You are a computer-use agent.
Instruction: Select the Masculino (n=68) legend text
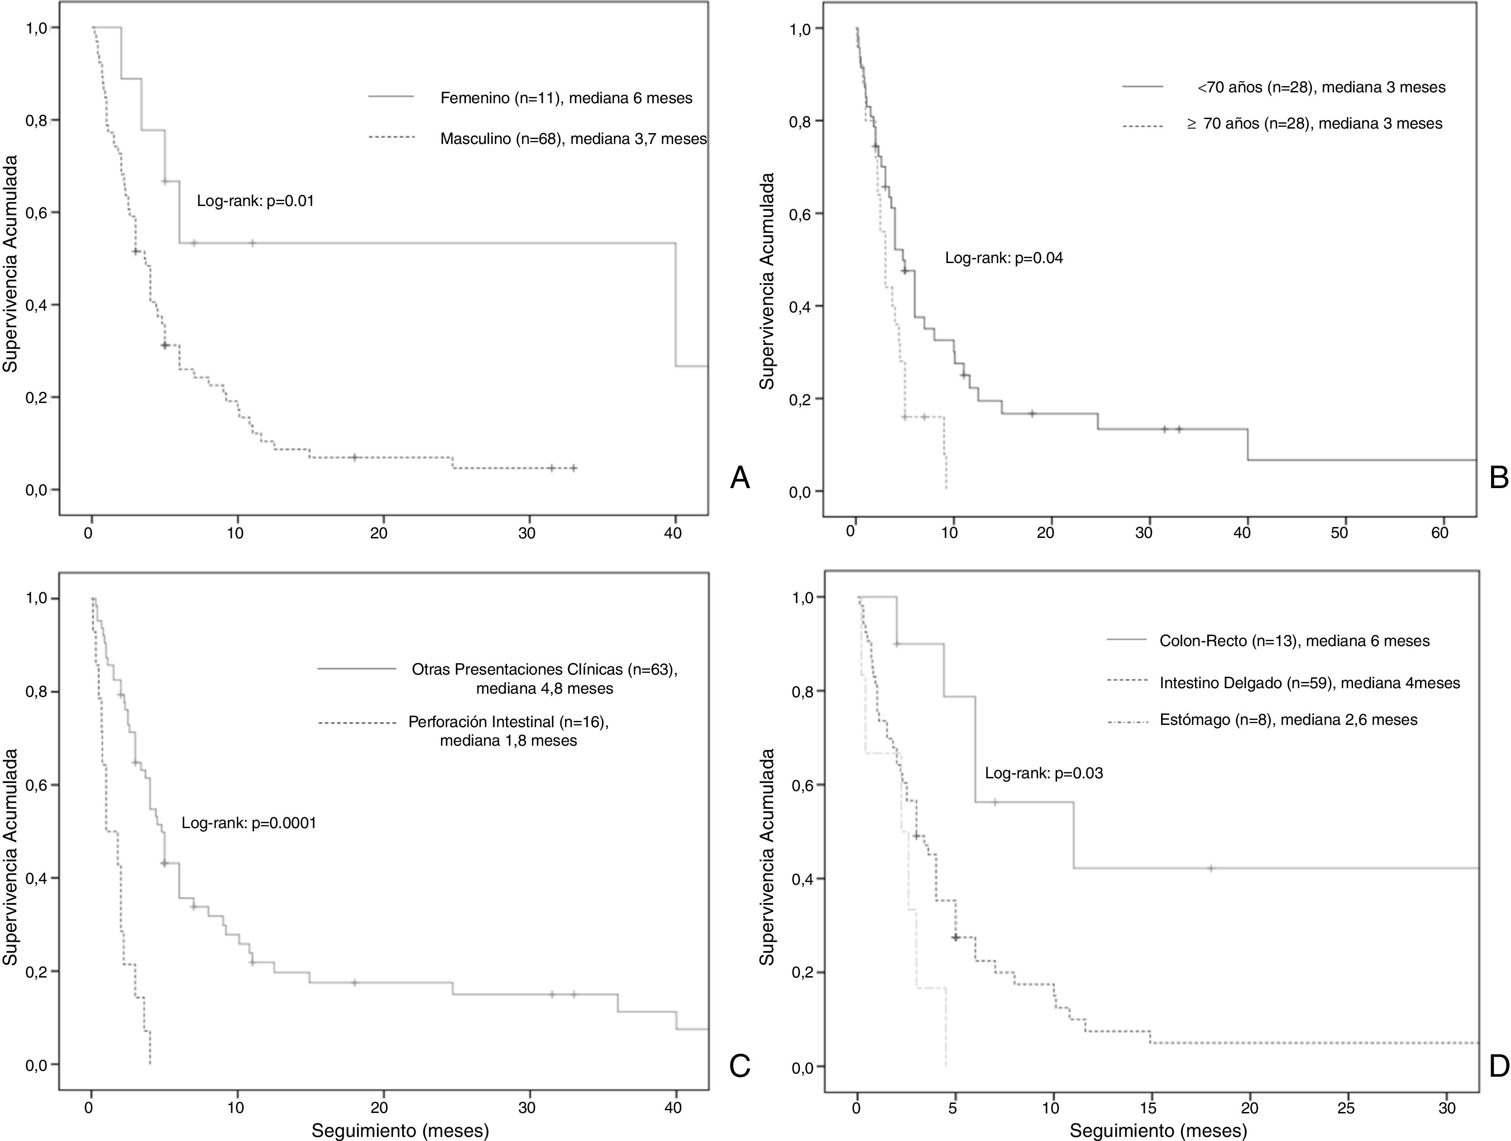click(573, 139)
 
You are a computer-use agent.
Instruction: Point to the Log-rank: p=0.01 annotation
click(255, 201)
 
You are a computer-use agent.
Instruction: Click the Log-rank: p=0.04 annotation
click(1004, 258)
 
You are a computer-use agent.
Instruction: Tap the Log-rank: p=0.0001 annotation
click(249, 823)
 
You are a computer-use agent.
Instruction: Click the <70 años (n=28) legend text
click(1320, 87)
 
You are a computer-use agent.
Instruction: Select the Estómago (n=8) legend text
click(1288, 719)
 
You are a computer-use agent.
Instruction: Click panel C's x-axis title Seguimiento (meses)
click(400, 1130)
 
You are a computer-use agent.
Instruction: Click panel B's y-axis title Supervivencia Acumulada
click(768, 281)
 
